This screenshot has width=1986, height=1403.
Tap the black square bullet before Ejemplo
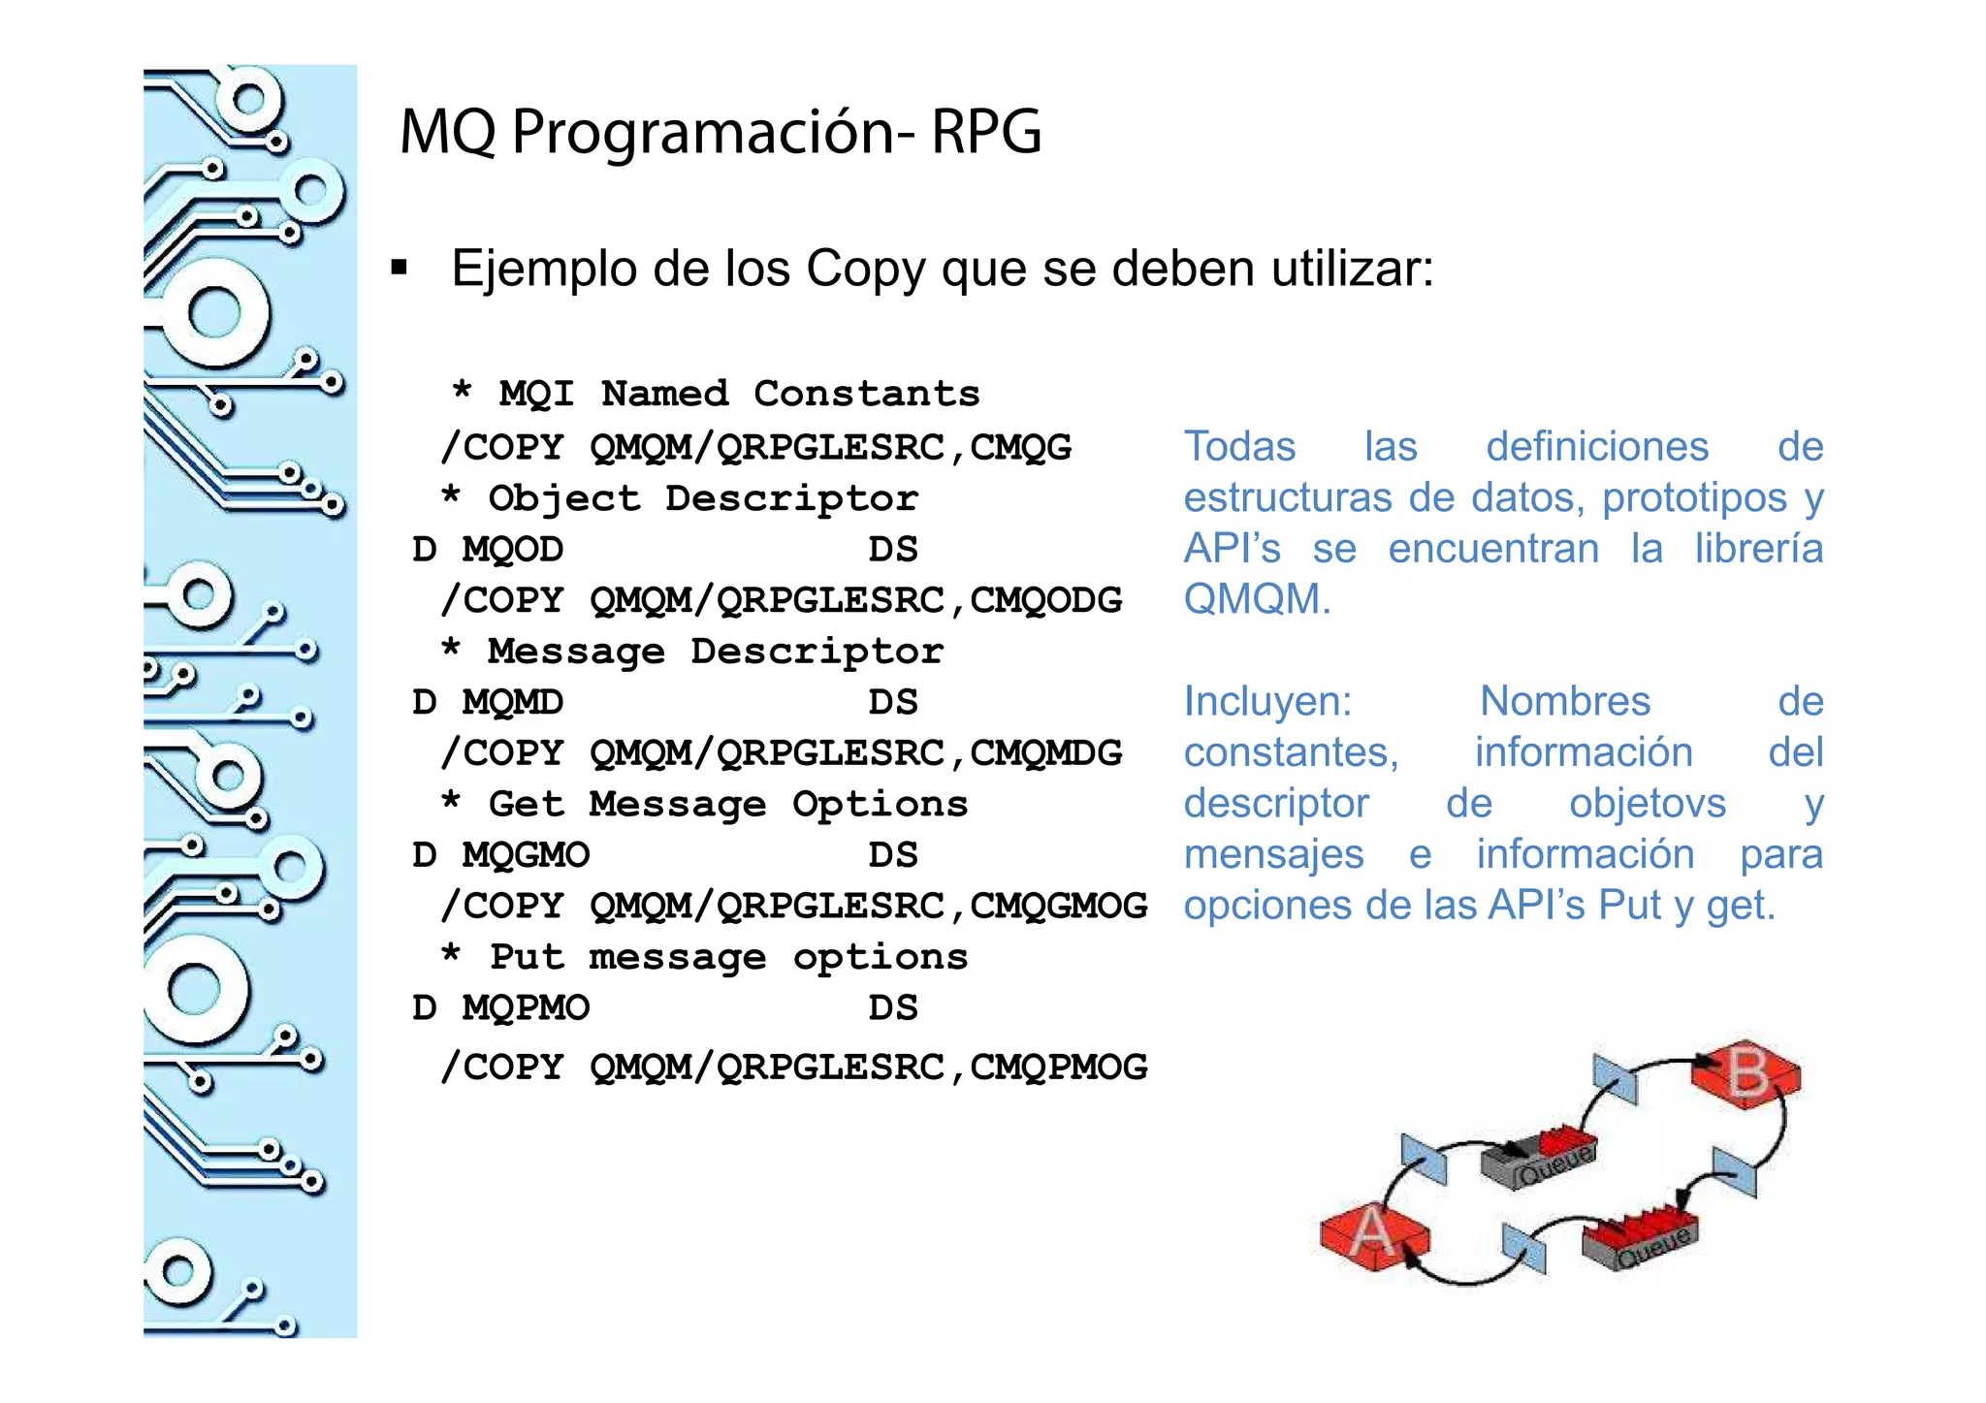[x=399, y=268]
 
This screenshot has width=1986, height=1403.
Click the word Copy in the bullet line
[x=865, y=270]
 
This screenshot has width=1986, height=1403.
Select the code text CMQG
[x=1020, y=447]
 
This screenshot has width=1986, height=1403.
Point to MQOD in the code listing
[x=512, y=550]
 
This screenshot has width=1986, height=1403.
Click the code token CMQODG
[x=1045, y=600]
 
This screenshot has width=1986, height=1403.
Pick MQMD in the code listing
[x=512, y=702]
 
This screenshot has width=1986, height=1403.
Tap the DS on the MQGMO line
[x=892, y=855]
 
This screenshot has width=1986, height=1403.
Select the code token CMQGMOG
[x=1058, y=906]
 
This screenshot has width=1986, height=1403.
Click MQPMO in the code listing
[x=525, y=1008]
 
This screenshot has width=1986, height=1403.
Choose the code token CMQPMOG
[x=1058, y=1068]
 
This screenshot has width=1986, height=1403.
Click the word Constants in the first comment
[x=866, y=394]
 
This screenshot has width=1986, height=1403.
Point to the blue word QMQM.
[x=1256, y=599]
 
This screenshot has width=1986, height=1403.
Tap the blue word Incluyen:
[x=1267, y=701]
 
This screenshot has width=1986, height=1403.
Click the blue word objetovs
[x=1647, y=804]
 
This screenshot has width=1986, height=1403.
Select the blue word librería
[x=1758, y=549]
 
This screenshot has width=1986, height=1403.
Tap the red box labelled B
[x=1746, y=1073]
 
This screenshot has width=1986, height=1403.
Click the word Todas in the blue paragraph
[x=1239, y=447]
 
